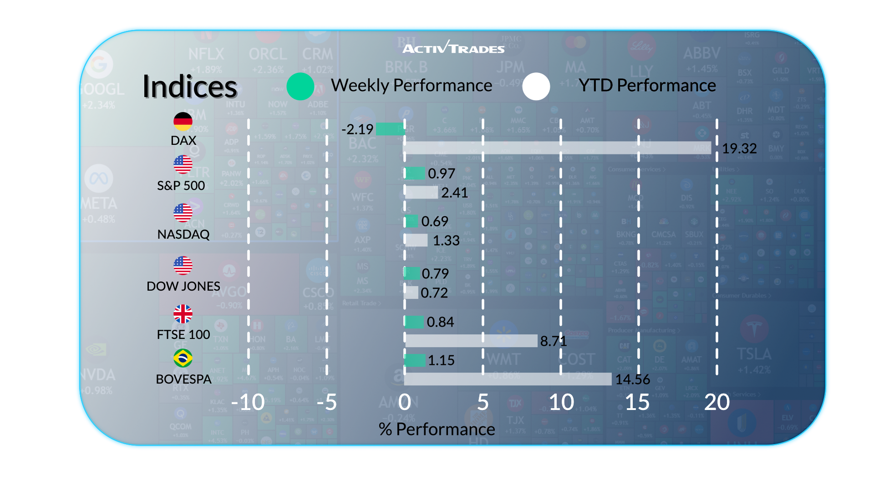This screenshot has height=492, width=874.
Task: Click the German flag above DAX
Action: click(x=183, y=121)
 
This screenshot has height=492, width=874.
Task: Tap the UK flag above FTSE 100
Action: click(x=183, y=314)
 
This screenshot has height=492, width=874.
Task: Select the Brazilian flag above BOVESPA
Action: click(x=183, y=358)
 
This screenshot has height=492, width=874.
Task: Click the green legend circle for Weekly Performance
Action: click(x=300, y=87)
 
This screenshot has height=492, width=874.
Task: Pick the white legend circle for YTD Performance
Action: click(x=536, y=87)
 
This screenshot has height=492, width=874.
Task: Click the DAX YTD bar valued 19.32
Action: click(x=557, y=148)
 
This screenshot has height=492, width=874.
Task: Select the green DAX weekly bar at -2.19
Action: click(x=390, y=129)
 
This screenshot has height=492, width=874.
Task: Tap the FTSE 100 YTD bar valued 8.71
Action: click(x=471, y=341)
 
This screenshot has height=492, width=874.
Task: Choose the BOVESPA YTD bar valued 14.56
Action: click(x=508, y=379)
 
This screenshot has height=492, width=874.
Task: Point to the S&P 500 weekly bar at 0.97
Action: click(x=415, y=173)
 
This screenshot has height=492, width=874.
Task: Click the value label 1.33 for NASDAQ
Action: click(x=446, y=241)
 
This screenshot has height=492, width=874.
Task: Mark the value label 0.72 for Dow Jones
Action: click(x=434, y=293)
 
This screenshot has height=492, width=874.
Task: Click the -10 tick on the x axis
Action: click(x=248, y=402)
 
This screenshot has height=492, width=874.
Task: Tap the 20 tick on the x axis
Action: click(x=717, y=402)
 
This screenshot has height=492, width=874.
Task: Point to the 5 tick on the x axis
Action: click(x=483, y=402)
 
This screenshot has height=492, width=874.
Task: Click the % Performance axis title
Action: click(x=437, y=429)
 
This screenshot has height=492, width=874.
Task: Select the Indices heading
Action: click(x=190, y=87)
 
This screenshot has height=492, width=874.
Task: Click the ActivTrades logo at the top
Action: click(x=453, y=47)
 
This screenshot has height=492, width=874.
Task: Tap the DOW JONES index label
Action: click(x=183, y=286)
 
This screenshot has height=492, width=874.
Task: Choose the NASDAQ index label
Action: click(x=183, y=234)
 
